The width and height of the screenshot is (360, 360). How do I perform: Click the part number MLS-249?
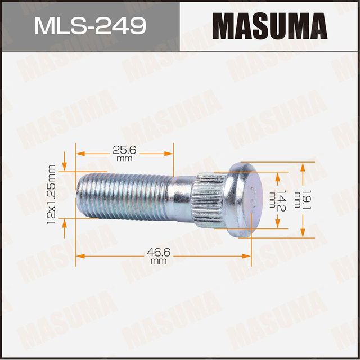[90, 26]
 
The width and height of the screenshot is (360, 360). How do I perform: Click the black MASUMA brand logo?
[269, 26]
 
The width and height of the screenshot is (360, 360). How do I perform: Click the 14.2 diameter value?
[281, 200]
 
